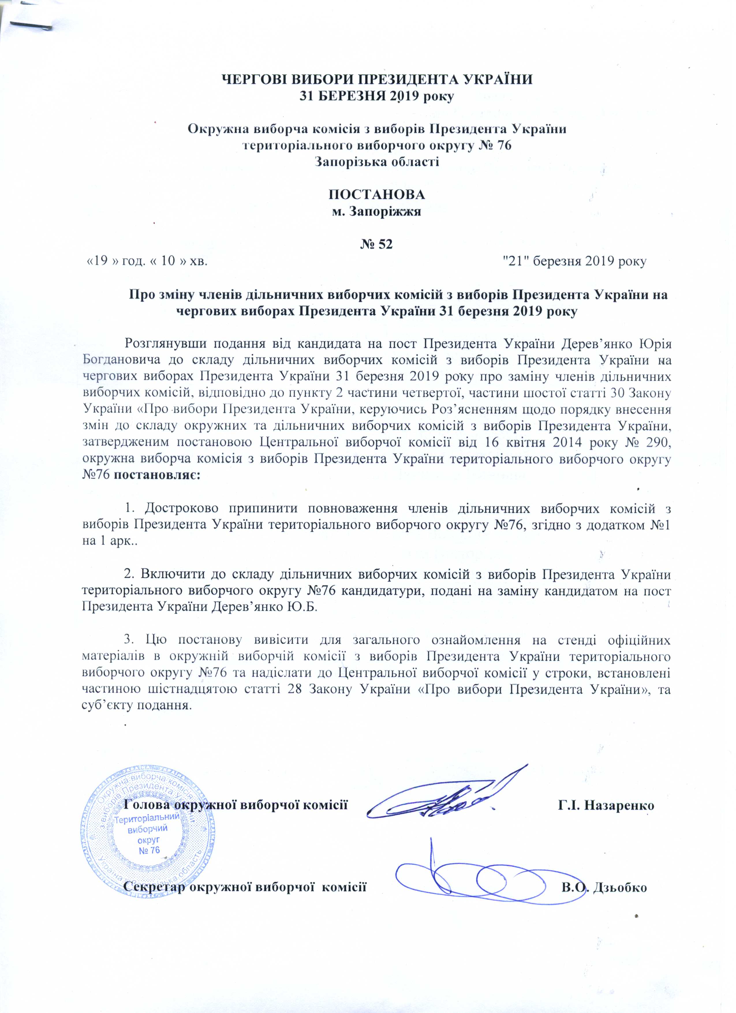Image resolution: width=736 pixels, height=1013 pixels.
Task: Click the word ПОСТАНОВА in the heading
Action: click(376, 195)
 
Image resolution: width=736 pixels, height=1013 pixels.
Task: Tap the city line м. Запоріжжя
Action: click(376, 211)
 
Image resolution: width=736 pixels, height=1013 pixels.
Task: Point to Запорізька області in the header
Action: click(376, 161)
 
